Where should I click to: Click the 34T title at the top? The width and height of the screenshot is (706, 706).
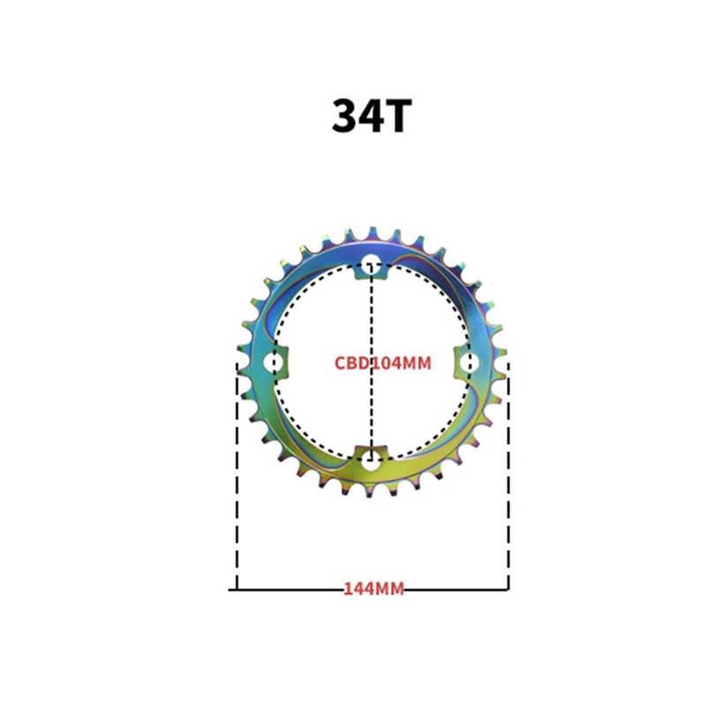tap(371, 116)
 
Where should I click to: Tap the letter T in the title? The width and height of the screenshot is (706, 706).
tap(394, 116)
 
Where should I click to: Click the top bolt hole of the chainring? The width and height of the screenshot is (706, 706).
tap(372, 263)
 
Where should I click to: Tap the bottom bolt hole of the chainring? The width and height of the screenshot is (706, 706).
tap(372, 459)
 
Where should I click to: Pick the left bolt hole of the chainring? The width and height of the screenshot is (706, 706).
tap(274, 362)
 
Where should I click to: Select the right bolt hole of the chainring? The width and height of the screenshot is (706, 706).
tap(469, 362)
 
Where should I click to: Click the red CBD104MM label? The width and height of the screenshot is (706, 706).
tap(383, 363)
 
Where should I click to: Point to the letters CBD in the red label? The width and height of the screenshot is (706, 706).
tap(351, 363)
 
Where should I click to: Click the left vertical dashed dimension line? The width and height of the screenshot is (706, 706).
tap(237, 477)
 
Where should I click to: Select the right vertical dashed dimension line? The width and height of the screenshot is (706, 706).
tap(507, 477)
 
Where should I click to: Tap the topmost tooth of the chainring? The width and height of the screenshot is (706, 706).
tap(372, 231)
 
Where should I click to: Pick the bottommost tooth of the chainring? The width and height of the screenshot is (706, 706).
tap(372, 494)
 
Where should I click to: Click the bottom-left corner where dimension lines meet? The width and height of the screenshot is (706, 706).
tap(237, 589)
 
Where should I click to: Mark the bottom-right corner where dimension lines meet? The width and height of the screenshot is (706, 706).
tap(507, 589)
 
